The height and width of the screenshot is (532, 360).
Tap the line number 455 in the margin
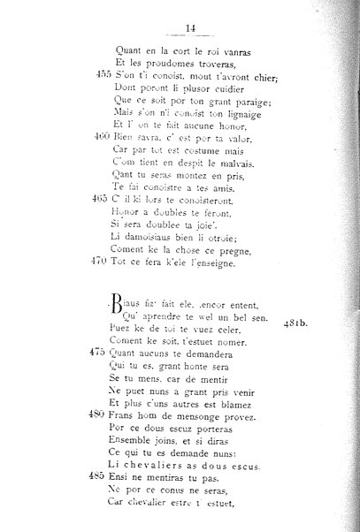pos(100,76)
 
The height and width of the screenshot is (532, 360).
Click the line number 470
pos(100,262)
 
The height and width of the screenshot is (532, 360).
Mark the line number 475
pos(100,376)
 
